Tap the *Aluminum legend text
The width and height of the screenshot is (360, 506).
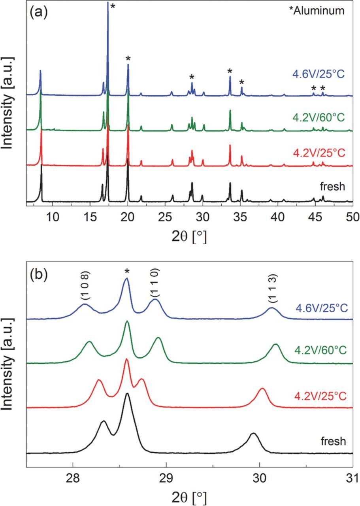tap(320, 11)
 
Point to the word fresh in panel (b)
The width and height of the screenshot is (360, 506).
tap(333, 441)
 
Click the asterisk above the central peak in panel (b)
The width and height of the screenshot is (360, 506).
tap(127, 272)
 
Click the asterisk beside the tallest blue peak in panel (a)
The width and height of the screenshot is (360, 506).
tap(113, 7)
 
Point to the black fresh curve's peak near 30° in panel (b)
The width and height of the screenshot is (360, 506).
tap(254, 434)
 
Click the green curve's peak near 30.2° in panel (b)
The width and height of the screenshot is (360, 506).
tap(276, 345)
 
